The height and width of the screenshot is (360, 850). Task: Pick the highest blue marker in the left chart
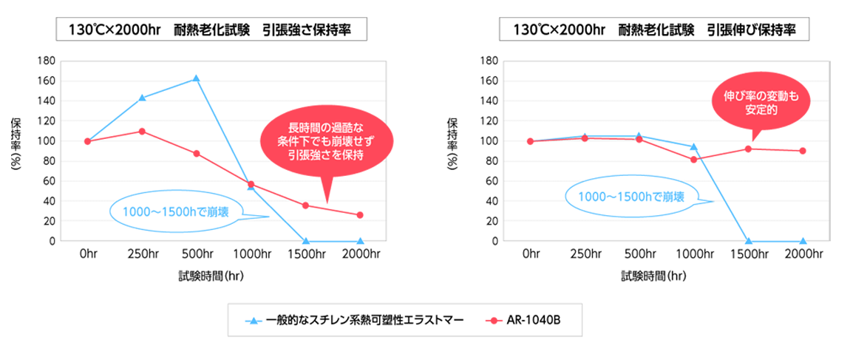click(x=194, y=75)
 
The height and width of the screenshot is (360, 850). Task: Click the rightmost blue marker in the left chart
click(x=359, y=236)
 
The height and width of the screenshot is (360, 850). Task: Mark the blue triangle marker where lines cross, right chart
click(x=693, y=148)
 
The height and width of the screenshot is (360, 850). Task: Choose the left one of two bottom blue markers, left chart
click(x=307, y=236)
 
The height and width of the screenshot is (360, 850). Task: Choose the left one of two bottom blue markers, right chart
click(x=749, y=236)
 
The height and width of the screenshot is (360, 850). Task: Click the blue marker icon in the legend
click(x=254, y=319)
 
